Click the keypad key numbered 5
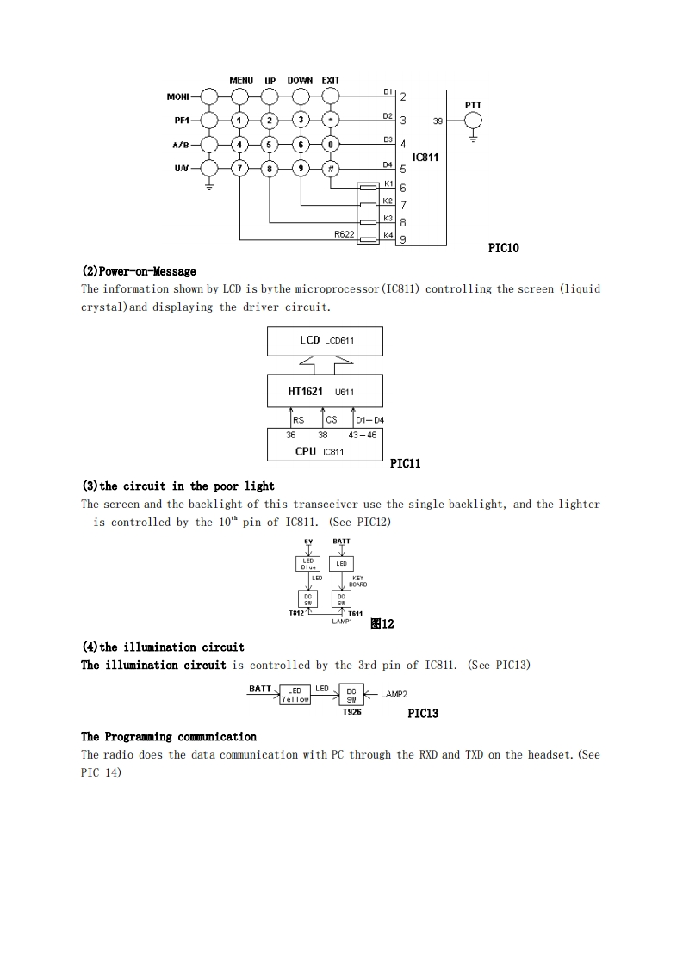pyautogui.click(x=270, y=145)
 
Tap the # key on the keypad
pyautogui.click(x=331, y=169)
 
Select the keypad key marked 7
pyautogui.click(x=239, y=169)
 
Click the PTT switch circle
pyautogui.click(x=473, y=121)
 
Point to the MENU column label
pyautogui.click(x=241, y=81)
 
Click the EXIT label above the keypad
pyautogui.click(x=331, y=81)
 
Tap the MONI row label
pyautogui.click(x=177, y=97)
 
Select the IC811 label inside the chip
pyautogui.click(x=425, y=158)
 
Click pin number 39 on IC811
pyautogui.click(x=438, y=121)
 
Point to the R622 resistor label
pyautogui.click(x=345, y=234)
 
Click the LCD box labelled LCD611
pyautogui.click(x=326, y=341)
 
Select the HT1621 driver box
pyautogui.click(x=326, y=393)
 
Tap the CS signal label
pyautogui.click(x=332, y=420)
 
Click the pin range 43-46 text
pyautogui.click(x=363, y=436)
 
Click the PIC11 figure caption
pyautogui.click(x=405, y=464)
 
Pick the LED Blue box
pyautogui.click(x=308, y=564)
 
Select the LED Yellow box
pyautogui.click(x=295, y=695)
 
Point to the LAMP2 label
pyautogui.click(x=394, y=694)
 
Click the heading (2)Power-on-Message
pyautogui.click(x=139, y=272)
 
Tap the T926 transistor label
pyautogui.click(x=351, y=712)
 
